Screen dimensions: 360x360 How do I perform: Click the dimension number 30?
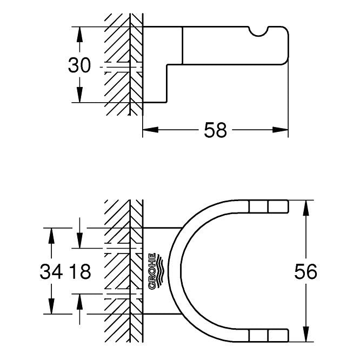79,65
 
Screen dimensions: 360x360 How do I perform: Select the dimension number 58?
215,130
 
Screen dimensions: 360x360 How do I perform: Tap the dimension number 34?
51,271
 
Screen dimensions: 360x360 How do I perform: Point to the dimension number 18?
80,271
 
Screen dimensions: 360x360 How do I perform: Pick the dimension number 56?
305,271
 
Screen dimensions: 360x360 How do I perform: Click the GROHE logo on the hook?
156,271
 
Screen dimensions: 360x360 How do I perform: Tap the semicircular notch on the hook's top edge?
258,31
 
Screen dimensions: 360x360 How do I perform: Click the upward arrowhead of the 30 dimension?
79,34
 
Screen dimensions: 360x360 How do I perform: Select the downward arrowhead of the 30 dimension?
79,95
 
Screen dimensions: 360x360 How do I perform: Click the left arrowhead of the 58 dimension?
150,130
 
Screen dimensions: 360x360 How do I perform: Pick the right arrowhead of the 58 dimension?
281,130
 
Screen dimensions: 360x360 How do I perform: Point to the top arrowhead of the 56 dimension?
305,208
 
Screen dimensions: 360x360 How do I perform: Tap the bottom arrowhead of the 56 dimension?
305,334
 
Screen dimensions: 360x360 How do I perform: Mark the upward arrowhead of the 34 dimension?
51,236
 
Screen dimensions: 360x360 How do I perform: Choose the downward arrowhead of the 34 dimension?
51,306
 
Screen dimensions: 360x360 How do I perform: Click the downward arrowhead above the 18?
79,241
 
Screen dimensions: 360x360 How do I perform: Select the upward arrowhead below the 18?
79,301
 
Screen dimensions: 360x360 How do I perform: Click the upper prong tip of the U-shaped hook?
288,206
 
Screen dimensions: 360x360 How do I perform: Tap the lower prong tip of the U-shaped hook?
288,336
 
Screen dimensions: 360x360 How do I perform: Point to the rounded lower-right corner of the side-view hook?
285,62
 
